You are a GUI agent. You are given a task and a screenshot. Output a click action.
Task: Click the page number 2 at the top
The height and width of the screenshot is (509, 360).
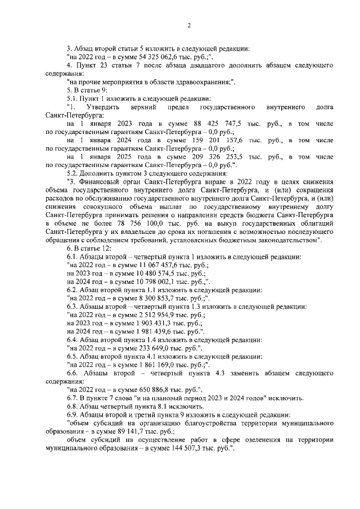189,25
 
